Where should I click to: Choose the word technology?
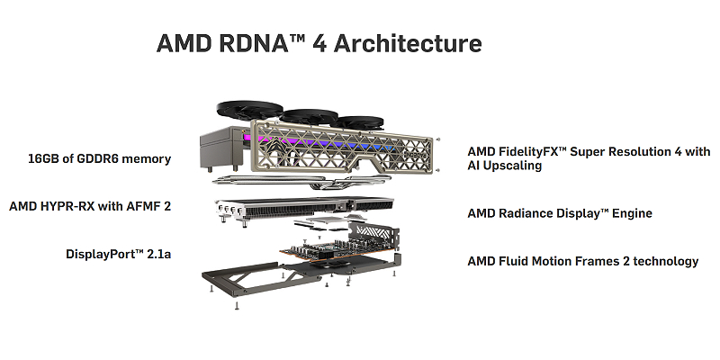click(661, 261)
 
